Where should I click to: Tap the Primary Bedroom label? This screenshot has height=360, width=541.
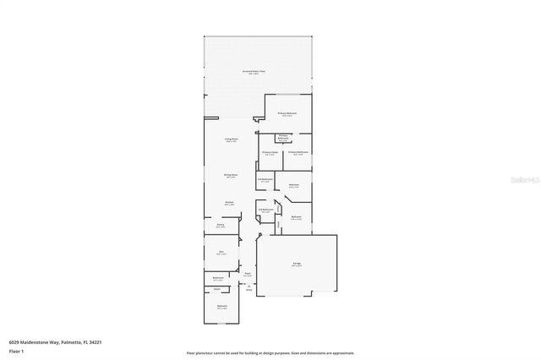287,113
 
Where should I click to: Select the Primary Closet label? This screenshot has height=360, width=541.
270,152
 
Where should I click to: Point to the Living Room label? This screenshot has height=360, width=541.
230,139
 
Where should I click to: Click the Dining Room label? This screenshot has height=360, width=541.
230,176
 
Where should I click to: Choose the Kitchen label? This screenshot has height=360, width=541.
229,203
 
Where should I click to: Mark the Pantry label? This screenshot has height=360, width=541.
220,226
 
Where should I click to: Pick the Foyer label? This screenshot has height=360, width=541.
248,274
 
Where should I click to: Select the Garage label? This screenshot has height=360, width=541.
298,265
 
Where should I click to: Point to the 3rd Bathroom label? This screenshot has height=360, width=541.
265,179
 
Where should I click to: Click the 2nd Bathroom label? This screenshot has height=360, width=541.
265,210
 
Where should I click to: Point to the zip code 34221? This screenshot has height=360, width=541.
95,341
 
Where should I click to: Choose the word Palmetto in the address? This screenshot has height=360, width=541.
70,341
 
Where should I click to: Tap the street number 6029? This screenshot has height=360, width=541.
14,341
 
